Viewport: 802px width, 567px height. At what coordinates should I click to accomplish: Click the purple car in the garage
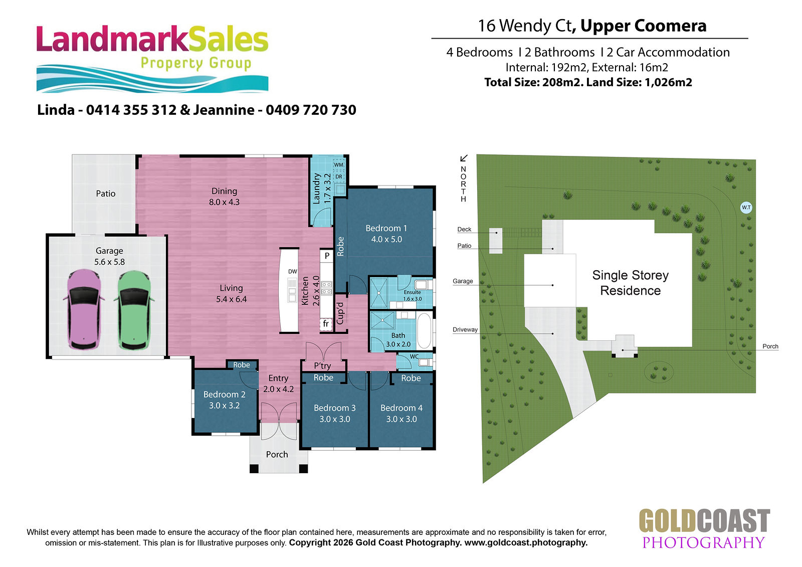click(x=84, y=309)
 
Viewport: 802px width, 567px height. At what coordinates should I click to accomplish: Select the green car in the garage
click(x=134, y=310)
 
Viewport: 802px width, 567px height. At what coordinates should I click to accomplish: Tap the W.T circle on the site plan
click(x=746, y=208)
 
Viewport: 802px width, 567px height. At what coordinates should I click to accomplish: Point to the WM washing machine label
click(x=338, y=165)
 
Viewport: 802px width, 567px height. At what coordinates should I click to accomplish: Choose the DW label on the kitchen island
click(x=293, y=272)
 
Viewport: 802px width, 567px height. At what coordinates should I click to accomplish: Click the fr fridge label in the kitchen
click(x=326, y=324)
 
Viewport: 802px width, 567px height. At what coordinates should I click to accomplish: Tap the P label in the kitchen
click(x=327, y=256)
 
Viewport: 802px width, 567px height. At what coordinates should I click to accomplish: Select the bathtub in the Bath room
click(x=425, y=331)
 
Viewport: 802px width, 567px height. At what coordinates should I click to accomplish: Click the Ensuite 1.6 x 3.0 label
click(x=413, y=295)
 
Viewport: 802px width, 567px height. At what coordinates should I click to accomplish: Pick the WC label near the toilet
click(x=414, y=356)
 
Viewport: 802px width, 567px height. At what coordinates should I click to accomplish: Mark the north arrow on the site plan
click(x=464, y=158)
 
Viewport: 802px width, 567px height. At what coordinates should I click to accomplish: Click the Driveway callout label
click(x=465, y=329)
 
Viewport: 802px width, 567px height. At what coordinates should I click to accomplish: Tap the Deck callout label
click(x=464, y=229)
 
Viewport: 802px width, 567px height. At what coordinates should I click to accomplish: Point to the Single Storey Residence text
click(x=630, y=283)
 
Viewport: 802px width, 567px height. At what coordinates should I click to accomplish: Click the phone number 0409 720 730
click(x=311, y=110)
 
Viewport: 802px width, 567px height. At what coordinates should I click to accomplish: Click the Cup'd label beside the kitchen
click(x=340, y=313)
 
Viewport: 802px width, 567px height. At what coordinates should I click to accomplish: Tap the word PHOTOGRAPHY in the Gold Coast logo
click(x=704, y=542)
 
